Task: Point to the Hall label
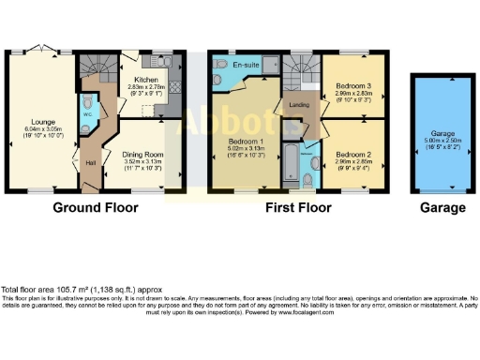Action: click(91, 162)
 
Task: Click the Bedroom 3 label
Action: click(352, 85)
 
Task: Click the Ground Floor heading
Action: click(96, 207)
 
